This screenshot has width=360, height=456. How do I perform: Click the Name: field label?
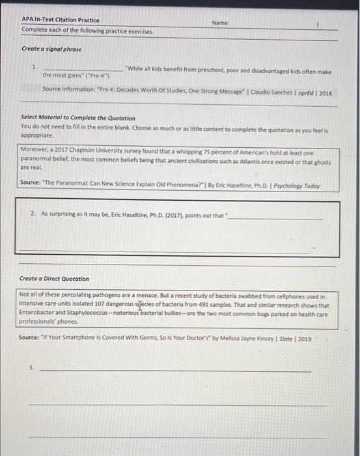[220, 22]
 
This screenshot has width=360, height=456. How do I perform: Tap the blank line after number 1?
[82, 70]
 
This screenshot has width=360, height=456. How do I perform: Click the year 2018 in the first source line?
[325, 93]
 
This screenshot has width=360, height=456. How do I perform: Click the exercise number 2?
[33, 214]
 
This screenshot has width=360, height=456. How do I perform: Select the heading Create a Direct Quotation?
[55, 279]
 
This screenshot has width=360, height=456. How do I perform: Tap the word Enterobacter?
[40, 314]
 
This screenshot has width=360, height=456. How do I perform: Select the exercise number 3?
[31, 368]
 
